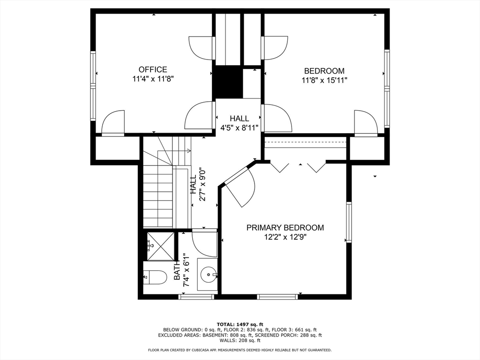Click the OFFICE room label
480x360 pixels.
(x=153, y=69)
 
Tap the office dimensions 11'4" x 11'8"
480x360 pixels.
(x=153, y=79)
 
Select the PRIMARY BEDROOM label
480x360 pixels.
(x=285, y=228)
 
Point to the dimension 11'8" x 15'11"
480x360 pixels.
(x=324, y=81)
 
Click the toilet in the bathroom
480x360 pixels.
(x=155, y=277)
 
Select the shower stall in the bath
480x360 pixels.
(x=161, y=246)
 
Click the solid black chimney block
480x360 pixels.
(x=227, y=82)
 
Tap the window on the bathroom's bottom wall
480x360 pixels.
(x=196, y=296)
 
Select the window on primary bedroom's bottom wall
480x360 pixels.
(x=277, y=296)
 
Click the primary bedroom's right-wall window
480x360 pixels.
(x=349, y=222)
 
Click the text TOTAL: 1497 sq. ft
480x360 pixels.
(x=240, y=324)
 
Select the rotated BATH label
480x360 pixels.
(x=177, y=269)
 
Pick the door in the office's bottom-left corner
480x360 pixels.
(x=113, y=122)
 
